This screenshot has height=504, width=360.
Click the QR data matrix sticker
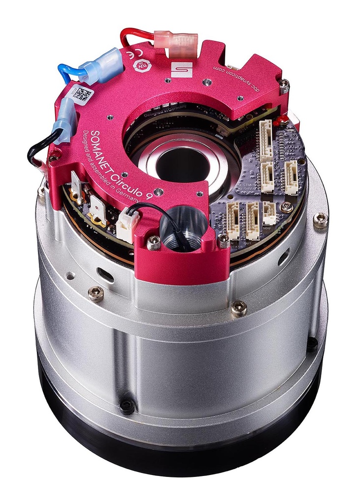point(81,94)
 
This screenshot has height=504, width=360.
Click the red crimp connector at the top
point(176,39)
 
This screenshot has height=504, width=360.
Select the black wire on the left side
point(37,150)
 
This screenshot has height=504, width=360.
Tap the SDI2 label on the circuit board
point(267,228)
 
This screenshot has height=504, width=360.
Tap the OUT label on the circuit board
point(247,243)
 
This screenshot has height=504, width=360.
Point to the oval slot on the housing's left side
point(105,274)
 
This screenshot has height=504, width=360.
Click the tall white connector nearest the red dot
point(266,140)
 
